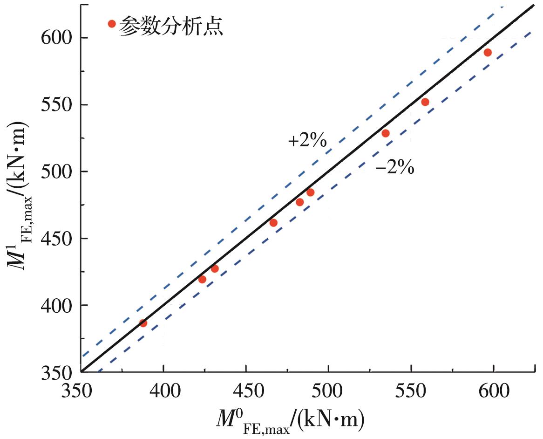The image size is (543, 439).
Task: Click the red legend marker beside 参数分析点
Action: (x=111, y=24)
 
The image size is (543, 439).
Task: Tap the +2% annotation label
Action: (x=307, y=141)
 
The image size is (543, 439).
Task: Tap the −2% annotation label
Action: (x=395, y=167)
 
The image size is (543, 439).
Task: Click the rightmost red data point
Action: (x=488, y=53)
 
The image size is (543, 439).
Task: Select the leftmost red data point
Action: (x=143, y=323)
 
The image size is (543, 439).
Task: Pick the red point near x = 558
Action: (x=425, y=102)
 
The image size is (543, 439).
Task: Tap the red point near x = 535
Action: (x=386, y=133)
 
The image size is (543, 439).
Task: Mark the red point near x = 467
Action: (x=273, y=223)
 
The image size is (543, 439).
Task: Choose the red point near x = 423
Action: (x=202, y=280)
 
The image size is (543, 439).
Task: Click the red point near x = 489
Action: (x=310, y=192)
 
